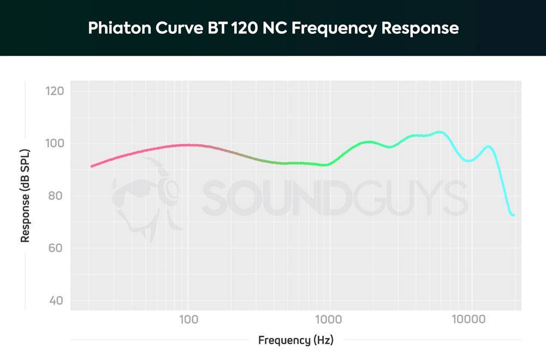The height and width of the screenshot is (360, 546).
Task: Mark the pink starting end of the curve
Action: (92, 166)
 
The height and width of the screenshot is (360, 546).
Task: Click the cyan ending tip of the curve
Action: (513, 215)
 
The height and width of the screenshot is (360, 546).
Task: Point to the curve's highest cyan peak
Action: (439, 132)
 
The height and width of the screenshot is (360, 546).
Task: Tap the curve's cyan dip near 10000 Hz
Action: (468, 161)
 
